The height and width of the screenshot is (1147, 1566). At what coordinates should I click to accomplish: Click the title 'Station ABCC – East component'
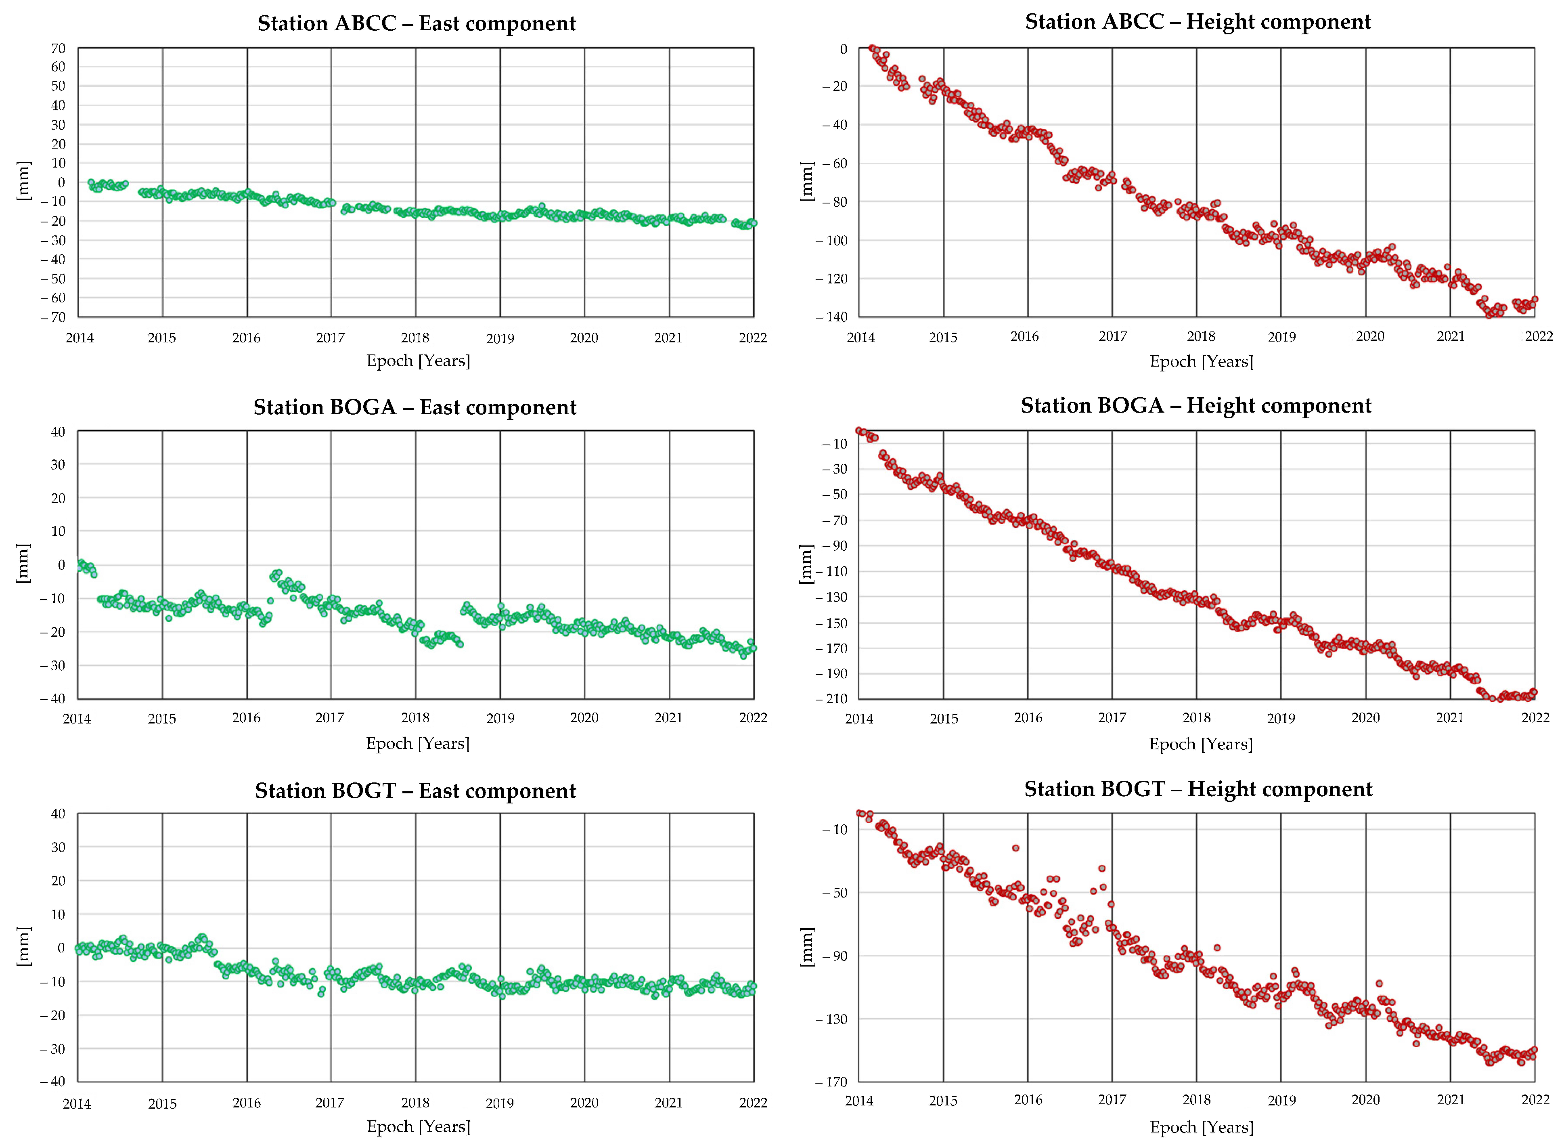(x=417, y=23)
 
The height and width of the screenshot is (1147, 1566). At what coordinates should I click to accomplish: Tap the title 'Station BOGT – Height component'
(x=1198, y=789)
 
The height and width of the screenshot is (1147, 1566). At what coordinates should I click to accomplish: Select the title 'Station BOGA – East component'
(x=415, y=407)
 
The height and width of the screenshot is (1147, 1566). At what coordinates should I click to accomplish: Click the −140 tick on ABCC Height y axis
(x=834, y=317)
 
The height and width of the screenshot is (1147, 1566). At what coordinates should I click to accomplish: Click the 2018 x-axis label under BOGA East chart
(x=415, y=718)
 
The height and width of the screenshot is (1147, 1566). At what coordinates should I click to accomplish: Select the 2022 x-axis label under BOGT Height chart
(x=1535, y=1100)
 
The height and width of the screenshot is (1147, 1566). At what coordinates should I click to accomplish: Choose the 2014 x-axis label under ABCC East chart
(x=80, y=338)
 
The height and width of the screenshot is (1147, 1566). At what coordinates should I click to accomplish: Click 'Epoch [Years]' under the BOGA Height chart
(x=1201, y=744)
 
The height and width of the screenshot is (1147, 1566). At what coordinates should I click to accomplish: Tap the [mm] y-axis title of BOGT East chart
(x=23, y=946)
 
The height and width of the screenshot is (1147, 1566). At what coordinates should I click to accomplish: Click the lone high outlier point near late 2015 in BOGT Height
(x=1015, y=848)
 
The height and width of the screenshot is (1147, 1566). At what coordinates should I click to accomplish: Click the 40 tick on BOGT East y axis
(x=58, y=814)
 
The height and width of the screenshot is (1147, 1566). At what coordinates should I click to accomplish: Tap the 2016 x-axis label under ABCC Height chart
(x=1025, y=337)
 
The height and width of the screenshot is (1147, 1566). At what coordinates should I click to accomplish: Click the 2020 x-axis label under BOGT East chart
(x=584, y=1103)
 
